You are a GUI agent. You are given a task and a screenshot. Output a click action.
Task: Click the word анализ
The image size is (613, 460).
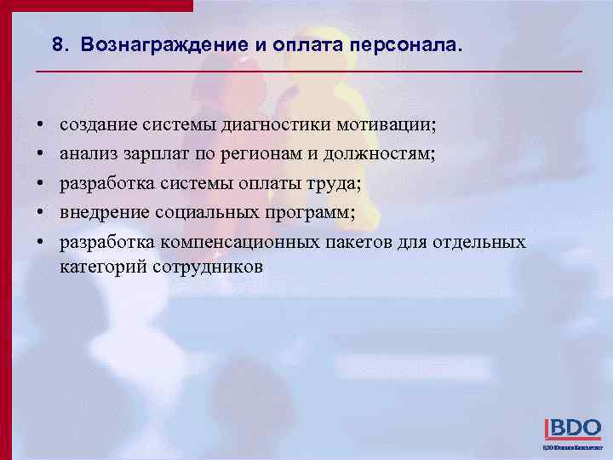pyautogui.click(x=90, y=154)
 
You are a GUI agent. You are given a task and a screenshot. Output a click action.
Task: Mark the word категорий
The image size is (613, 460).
pyautogui.click(x=102, y=266)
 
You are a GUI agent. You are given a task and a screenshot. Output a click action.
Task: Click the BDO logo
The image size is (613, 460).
pyautogui.click(x=572, y=428)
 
